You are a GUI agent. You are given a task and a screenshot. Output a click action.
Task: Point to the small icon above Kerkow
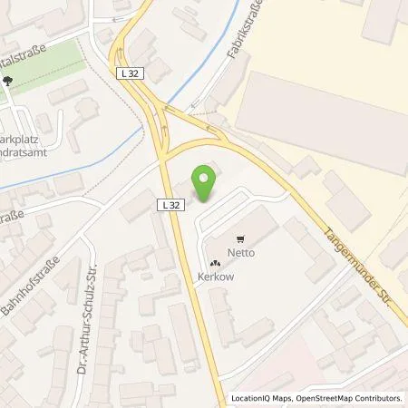pos(203,264)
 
